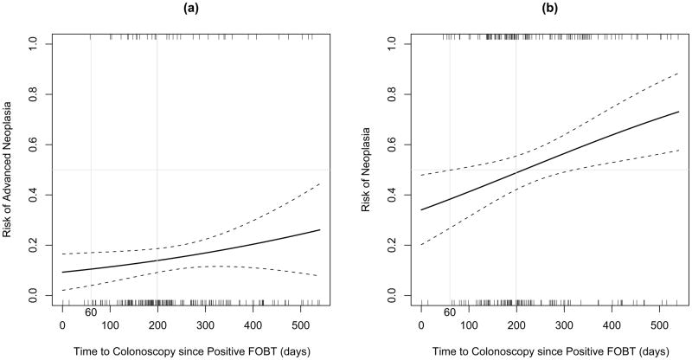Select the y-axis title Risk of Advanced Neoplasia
click(x=9, y=170)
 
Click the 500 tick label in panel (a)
click(x=300, y=324)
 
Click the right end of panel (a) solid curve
click(x=319, y=230)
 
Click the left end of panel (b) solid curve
click(x=421, y=209)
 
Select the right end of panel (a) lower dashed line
click(x=319, y=276)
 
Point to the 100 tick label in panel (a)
click(x=110, y=324)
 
